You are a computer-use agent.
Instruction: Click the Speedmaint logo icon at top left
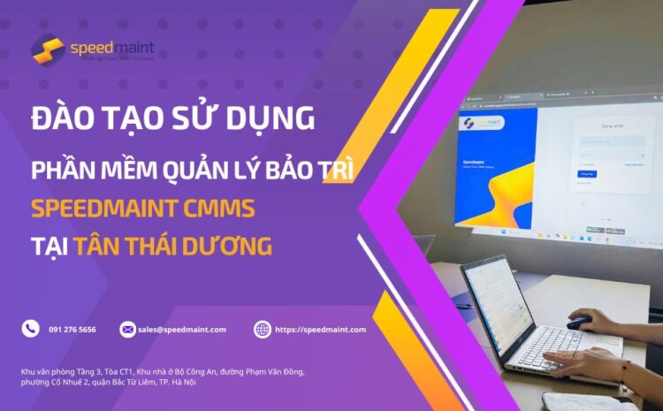48,49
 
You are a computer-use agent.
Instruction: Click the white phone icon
31,329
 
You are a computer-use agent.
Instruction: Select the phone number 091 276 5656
72,330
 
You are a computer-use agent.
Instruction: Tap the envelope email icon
128,330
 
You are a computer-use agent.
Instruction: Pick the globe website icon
263,330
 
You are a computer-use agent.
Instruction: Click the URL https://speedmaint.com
319,330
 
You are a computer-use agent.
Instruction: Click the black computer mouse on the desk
580,322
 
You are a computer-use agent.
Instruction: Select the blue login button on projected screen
586,174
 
